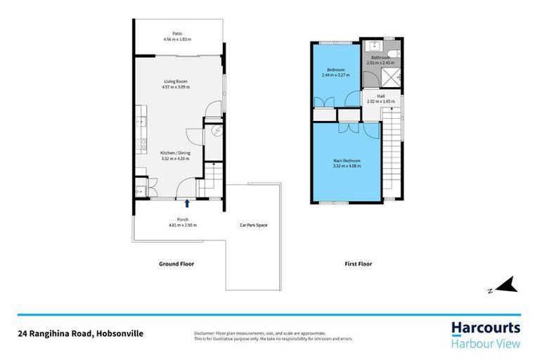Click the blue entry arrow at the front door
[x=187, y=204]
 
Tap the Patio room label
[x=177, y=33]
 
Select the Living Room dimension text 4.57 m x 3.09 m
[x=175, y=87]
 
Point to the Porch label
[x=182, y=219]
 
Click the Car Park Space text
[x=253, y=225]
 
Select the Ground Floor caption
[x=177, y=264]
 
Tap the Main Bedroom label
[x=347, y=161]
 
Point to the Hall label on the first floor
[x=380, y=96]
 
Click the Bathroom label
[x=380, y=58]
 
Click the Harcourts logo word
[x=485, y=327]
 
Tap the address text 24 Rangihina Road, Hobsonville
[x=80, y=334]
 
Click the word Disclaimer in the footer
[x=204, y=332]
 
